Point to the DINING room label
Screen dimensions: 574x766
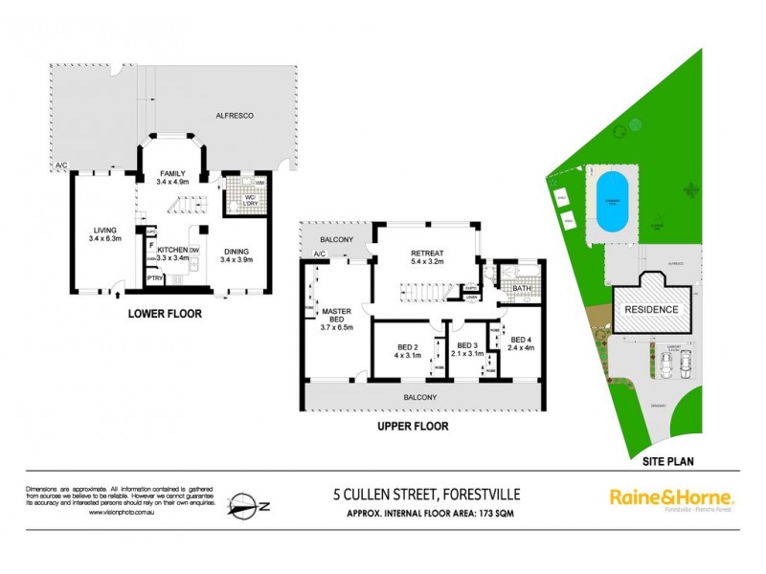coord(236,249)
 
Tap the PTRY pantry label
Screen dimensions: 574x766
coord(154,278)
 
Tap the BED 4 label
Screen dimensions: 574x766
coord(521,339)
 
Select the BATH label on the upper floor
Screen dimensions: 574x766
coord(522,288)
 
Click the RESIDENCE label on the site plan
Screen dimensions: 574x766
coord(652,309)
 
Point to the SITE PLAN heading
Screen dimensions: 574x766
coord(663,460)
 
